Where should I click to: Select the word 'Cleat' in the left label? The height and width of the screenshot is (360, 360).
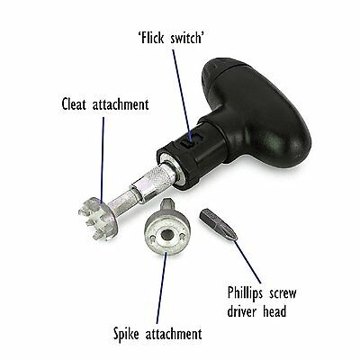tap(74, 104)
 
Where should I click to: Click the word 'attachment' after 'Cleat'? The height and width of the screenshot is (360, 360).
tap(121, 104)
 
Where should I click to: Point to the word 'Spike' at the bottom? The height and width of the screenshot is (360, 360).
tap(127, 334)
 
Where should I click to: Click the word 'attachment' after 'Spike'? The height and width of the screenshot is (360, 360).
tap(174, 333)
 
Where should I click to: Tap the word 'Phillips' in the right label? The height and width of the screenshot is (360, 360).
tap(245, 293)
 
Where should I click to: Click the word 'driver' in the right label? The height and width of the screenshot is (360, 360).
tap(242, 311)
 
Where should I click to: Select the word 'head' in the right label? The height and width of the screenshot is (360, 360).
tap(274, 311)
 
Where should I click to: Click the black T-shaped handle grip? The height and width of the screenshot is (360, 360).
tap(255, 111)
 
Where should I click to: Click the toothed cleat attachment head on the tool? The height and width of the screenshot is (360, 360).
tap(97, 218)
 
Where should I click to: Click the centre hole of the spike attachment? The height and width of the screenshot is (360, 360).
tap(165, 235)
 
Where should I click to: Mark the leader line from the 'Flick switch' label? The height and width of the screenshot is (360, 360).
tap(182, 94)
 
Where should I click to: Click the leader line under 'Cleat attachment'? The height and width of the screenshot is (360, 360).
tap(103, 159)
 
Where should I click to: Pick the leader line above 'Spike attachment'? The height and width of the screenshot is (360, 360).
tap(162, 288)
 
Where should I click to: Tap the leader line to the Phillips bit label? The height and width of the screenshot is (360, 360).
tap(247, 261)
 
